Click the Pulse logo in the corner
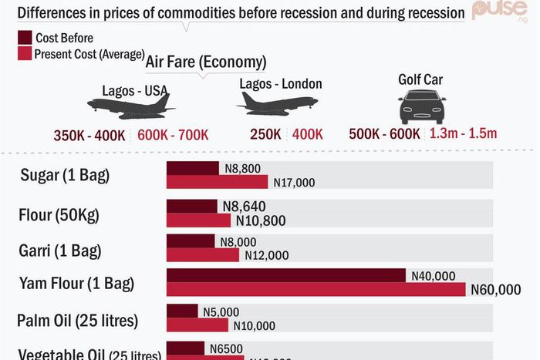click(504, 11)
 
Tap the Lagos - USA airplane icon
click(130, 106)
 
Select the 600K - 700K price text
click(173, 135)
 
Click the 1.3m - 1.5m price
click(463, 133)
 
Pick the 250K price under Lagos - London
click(265, 134)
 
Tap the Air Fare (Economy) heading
click(206, 62)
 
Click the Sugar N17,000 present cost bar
click(217, 182)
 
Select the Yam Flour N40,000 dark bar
click(285, 275)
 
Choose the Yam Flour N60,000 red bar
click(316, 289)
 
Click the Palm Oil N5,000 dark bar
click(182, 311)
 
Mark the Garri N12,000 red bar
click(204, 255)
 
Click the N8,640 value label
click(243, 207)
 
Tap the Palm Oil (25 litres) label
click(77, 320)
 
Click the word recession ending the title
click(429, 13)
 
